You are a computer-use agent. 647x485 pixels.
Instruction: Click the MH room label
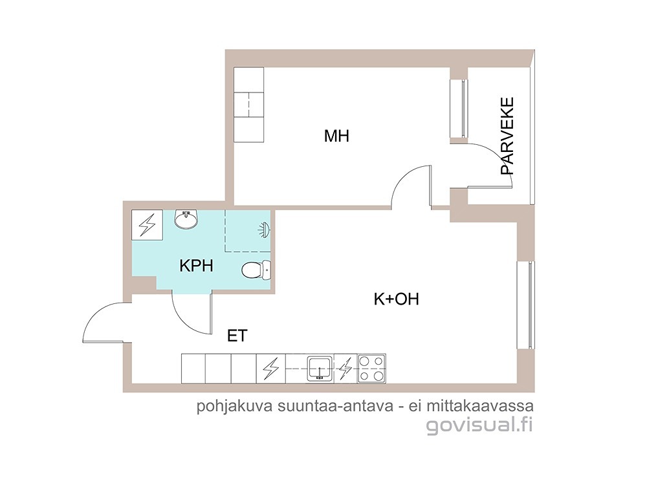coord(336,136)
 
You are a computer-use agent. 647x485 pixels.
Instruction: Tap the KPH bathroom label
coord(197,266)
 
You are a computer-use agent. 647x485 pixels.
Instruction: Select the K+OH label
coord(396,299)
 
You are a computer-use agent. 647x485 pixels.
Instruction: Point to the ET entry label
coord(237,336)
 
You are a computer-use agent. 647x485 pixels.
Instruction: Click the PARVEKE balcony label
coord(507,136)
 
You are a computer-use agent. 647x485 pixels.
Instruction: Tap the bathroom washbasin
coord(186,219)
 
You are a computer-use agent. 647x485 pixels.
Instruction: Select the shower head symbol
coord(264,230)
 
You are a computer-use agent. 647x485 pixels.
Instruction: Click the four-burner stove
coord(371,369)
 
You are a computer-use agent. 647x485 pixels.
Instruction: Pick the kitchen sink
coord(320,369)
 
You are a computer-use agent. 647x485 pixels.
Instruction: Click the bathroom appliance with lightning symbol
coord(147,225)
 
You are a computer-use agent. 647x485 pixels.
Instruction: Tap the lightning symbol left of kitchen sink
coord(270,369)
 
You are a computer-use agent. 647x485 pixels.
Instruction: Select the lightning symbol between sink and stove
coord(345,369)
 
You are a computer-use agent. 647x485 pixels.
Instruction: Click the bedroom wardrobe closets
coord(249,105)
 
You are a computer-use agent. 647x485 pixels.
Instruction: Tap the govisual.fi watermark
coord(479,426)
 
